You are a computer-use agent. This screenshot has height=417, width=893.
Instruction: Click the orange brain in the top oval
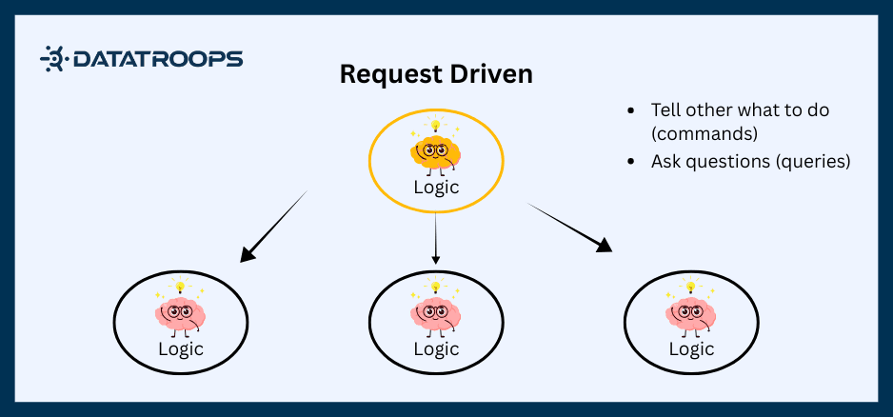[435, 151]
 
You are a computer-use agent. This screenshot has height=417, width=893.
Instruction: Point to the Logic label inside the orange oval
[436, 187]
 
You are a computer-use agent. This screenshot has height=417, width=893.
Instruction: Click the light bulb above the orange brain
[436, 126]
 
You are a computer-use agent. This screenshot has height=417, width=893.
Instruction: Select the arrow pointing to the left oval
[274, 226]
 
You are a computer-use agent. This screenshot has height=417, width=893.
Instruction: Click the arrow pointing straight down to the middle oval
[435, 238]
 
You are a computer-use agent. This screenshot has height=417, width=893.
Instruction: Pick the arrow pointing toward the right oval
[569, 228]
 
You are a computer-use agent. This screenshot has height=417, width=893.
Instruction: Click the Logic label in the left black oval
[181, 348]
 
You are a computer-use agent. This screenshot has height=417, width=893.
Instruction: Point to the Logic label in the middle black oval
[436, 348]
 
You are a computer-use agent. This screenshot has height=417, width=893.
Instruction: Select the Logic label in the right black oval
[691, 348]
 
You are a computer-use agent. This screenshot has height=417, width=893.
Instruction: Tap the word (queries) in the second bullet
[813, 161]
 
